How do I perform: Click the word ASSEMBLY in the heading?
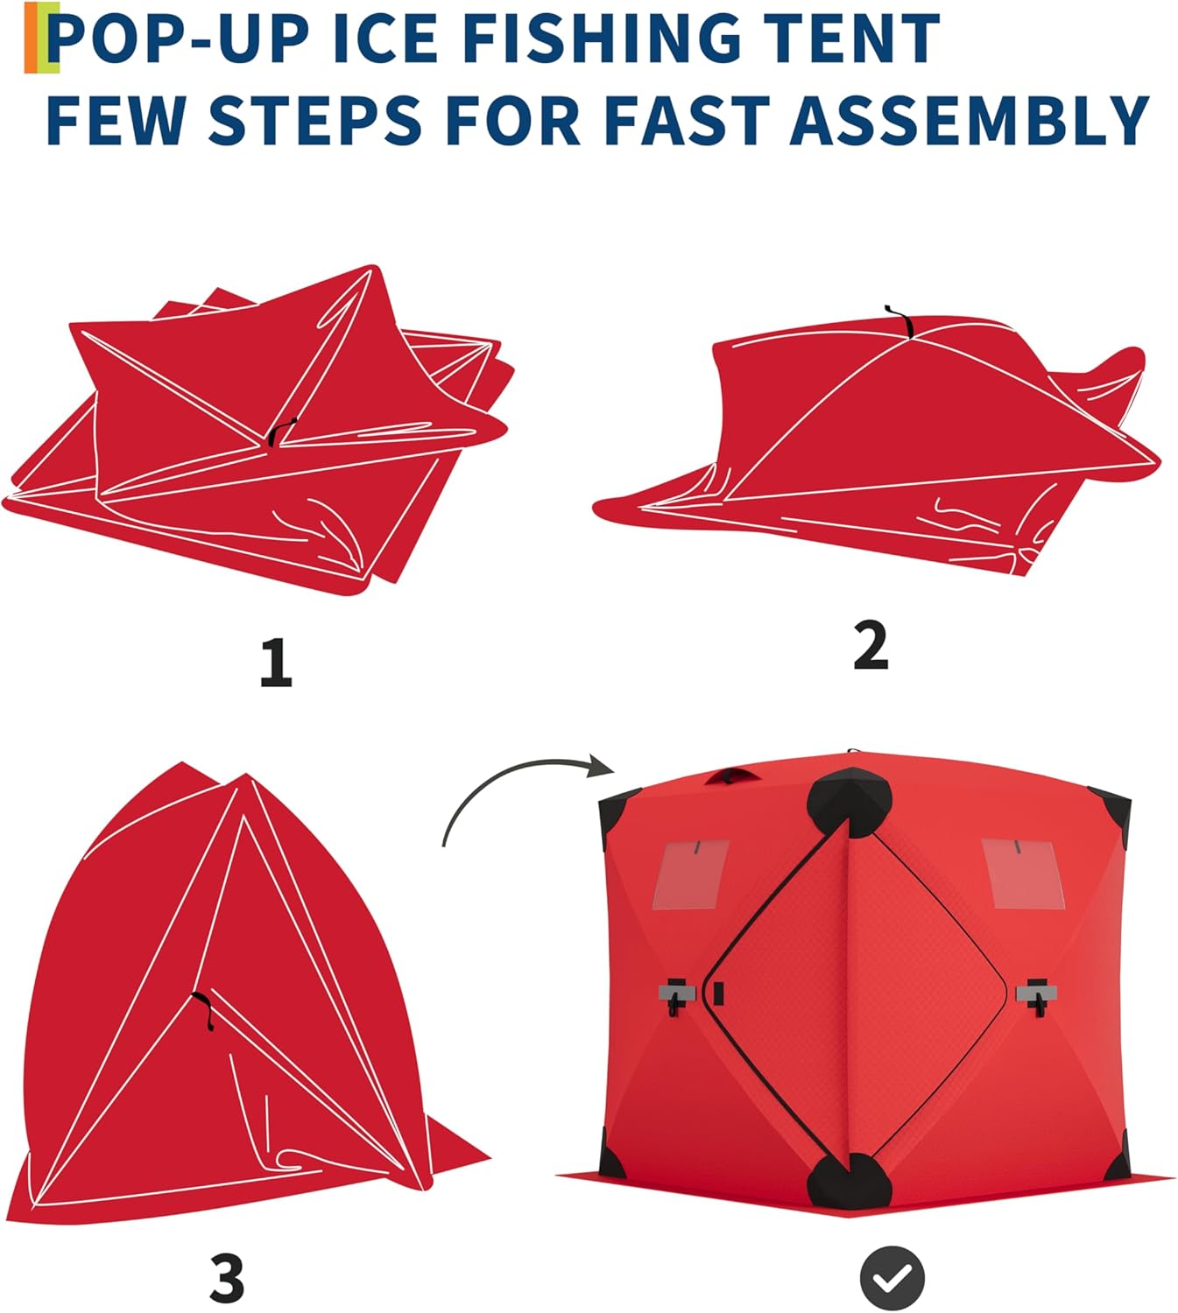coord(969,120)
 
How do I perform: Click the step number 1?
coord(276,663)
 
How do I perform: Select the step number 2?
coord(871,647)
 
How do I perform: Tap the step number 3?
coord(228,1278)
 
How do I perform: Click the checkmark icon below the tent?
coord(892,1279)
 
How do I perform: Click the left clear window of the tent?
coord(691,874)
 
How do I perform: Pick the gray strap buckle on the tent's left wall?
coord(676,994)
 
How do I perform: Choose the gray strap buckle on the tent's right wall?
coord(1037,994)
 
